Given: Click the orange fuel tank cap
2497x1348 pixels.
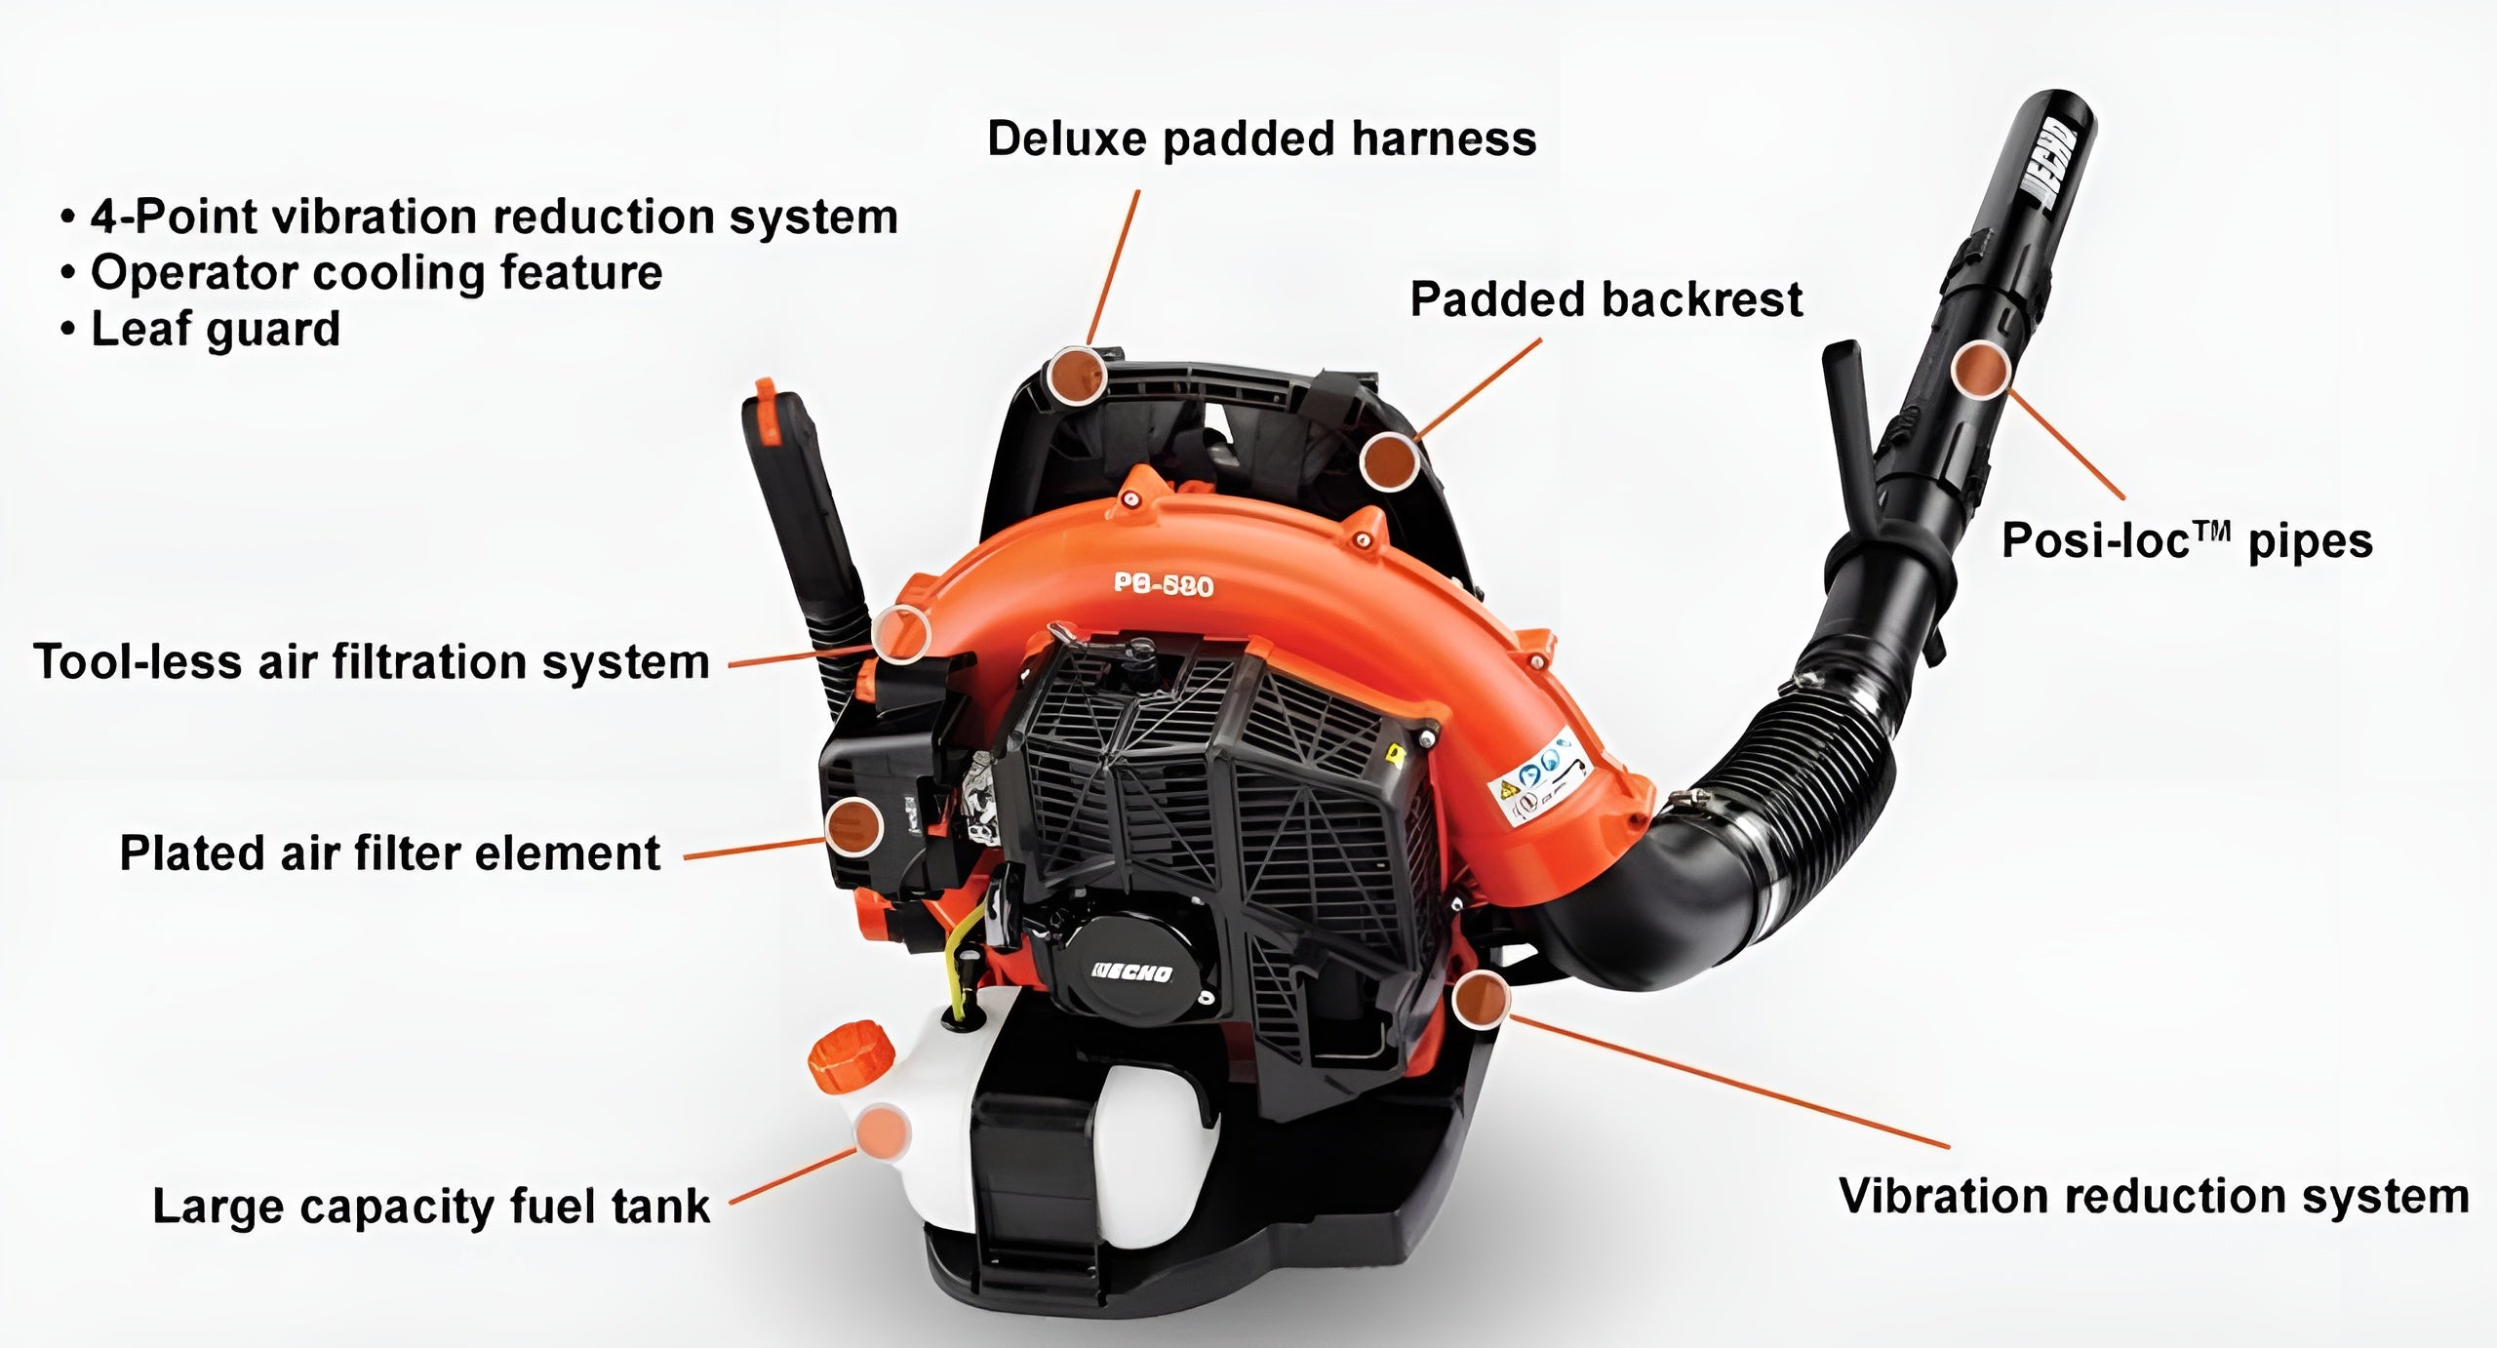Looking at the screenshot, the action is point(852,1056).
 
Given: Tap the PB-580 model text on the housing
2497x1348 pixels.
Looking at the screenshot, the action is point(1164,584).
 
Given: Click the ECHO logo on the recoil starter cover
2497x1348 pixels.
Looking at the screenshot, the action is point(1131,972).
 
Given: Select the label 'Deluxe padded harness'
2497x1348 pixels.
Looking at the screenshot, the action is point(1262,139).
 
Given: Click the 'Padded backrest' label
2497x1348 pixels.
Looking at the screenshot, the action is point(1606,298).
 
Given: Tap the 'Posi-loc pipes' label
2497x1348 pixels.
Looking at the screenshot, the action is point(2187,540).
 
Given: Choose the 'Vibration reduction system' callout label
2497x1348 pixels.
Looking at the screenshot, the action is point(2154,1196).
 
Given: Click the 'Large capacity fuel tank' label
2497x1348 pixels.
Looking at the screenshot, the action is point(431,1206).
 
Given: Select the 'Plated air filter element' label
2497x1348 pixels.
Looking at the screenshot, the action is point(390,852).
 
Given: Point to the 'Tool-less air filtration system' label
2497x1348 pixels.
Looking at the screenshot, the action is point(372,661).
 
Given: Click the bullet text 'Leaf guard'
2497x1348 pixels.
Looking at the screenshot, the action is point(216,329).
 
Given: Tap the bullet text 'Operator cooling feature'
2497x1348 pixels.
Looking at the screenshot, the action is point(377,272).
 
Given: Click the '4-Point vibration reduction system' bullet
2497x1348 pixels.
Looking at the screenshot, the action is point(495,216).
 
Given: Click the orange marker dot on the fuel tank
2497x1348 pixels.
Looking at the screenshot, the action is point(883,1131).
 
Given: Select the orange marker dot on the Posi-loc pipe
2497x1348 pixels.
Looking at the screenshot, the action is point(1980,370).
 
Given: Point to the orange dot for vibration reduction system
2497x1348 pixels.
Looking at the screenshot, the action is point(1481,1000).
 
